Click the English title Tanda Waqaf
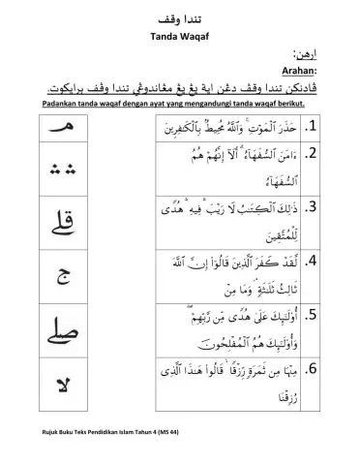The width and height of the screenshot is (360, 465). pos(180,37)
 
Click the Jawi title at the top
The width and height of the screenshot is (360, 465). pos(180,19)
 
